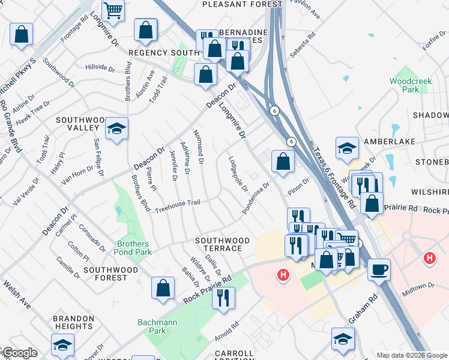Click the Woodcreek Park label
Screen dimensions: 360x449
pyautogui.click(x=403, y=85)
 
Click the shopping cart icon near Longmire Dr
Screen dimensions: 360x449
pyautogui.click(x=112, y=10)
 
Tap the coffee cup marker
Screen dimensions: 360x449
pyautogui.click(x=379, y=269)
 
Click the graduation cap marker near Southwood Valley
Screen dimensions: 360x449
pyautogui.click(x=116, y=129)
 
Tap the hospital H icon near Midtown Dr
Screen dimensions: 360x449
pyautogui.click(x=429, y=259)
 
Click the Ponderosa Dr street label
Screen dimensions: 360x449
pyautogui.click(x=256, y=197)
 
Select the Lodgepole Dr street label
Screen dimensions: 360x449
pyautogui.click(x=238, y=174)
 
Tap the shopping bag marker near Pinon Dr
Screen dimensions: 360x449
pyautogui.click(x=283, y=161)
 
